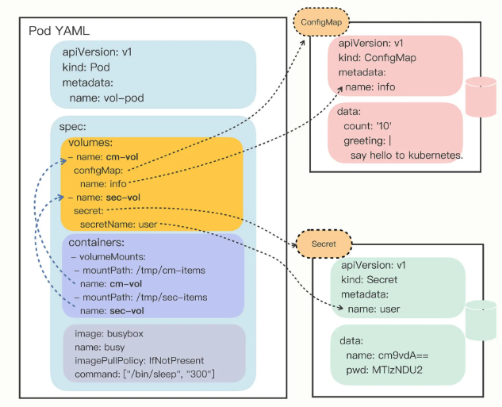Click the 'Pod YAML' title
pos(59,31)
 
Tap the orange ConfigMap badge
pos(321,22)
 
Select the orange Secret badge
pos(324,244)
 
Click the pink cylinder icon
pos(481,97)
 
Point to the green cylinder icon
pos(481,321)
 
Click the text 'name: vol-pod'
pos(106,98)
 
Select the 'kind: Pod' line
pos(86,67)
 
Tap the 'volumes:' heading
pos(90,143)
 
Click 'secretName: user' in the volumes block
pos(118,225)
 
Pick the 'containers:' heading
pos(97,243)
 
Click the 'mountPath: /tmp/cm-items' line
pos(140,271)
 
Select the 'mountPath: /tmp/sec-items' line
pos(141,298)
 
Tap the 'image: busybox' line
pos(109,334)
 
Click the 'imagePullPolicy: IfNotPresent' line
pos(140,360)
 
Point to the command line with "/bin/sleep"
pos(144,374)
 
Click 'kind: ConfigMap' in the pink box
pos(377,58)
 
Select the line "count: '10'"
pos(367,126)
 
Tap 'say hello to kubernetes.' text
pos(407,156)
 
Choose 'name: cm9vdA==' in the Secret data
pos(387,355)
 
